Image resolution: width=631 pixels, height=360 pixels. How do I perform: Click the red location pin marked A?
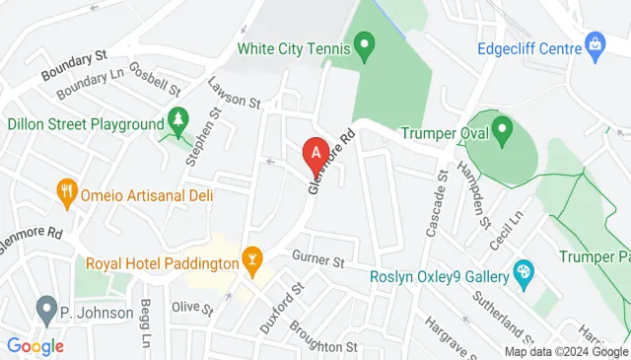coord(315,154)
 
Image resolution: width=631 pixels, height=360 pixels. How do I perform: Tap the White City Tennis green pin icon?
coord(365,43)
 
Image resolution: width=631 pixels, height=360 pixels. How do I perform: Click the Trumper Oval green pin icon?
coord(502,128)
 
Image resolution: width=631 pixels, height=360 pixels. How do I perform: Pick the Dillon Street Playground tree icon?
coord(177,121)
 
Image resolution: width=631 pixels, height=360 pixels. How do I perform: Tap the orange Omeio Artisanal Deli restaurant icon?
coord(67,190)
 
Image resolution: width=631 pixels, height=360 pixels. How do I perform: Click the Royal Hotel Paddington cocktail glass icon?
coord(252,260)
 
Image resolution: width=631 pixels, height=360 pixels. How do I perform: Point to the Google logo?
coord(35,346)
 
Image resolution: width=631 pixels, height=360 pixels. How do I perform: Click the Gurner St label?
coord(317,261)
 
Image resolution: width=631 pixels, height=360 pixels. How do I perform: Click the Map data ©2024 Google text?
coord(565,352)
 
